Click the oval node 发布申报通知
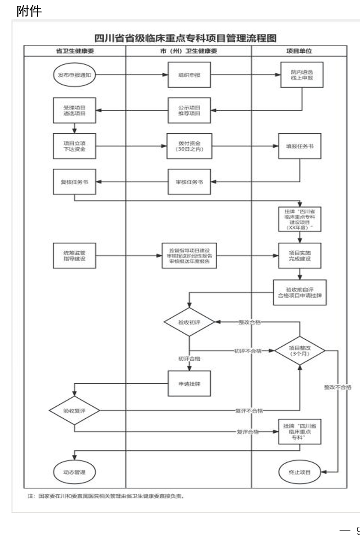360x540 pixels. (x=74, y=75)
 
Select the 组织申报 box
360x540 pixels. (x=189, y=75)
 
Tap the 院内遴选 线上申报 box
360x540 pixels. (x=302, y=75)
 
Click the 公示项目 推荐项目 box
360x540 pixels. (x=189, y=110)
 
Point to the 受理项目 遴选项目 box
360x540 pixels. (x=74, y=110)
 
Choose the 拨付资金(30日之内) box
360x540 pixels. (x=189, y=146)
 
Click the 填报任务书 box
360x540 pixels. (x=300, y=146)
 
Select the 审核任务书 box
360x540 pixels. (x=189, y=182)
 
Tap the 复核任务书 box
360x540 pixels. (x=74, y=182)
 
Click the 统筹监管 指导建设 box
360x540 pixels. (x=74, y=255)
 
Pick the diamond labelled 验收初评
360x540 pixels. (x=189, y=322)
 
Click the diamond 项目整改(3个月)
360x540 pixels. (x=300, y=350)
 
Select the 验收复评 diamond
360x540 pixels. (x=74, y=410)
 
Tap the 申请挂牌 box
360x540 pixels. (x=189, y=383)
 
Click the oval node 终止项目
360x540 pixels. (x=300, y=472)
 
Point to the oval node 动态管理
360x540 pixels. (x=74, y=472)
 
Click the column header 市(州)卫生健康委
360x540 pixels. (x=188, y=51)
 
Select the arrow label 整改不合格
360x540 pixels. (x=338, y=387)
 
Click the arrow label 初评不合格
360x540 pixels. (x=248, y=351)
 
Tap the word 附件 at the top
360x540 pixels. (x=29, y=11)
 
